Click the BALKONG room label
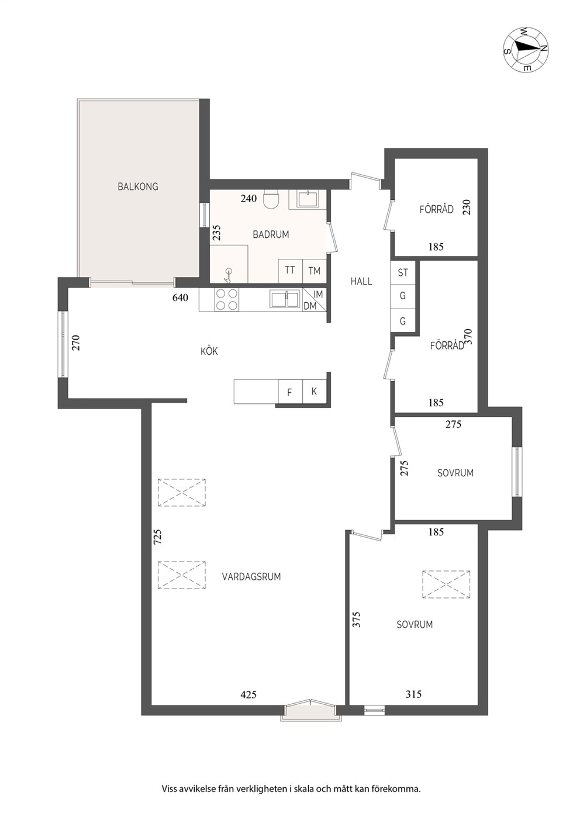click(137, 186)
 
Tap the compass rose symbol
click(526, 50)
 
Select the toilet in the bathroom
click(271, 199)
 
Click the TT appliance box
click(291, 271)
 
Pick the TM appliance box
click(315, 271)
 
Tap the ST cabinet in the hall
click(403, 272)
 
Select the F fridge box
click(290, 392)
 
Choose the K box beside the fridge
click(315, 392)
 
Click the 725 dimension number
click(158, 537)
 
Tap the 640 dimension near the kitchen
click(181, 297)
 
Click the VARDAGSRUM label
click(251, 577)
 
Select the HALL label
click(361, 282)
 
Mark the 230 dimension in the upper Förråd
click(467, 207)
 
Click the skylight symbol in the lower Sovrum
click(446, 584)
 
